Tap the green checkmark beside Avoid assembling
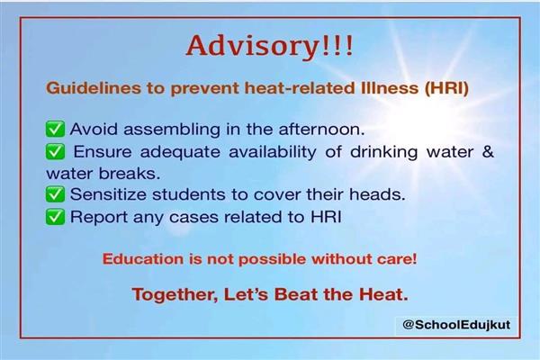tap(55, 130)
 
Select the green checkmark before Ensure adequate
tap(55, 151)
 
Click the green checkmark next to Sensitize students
tap(55, 194)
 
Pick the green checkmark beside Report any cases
tap(55, 217)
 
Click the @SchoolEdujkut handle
tap(456, 325)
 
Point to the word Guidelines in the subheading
tap(94, 88)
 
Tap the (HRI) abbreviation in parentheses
tap(446, 88)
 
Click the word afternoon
tap(321, 130)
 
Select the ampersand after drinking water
tap(488, 151)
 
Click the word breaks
tap(130, 174)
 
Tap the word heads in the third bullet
tap(377, 194)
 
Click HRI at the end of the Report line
tap(326, 217)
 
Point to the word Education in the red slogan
tap(143, 259)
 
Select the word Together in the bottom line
tap(175, 294)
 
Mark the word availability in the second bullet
tap(273, 152)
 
